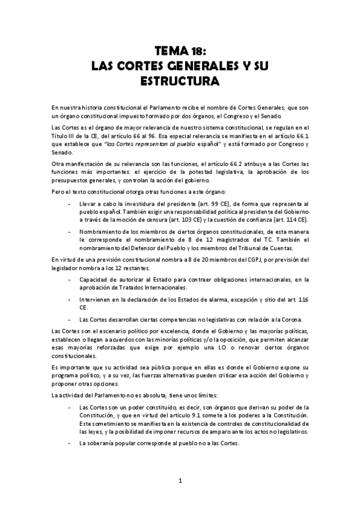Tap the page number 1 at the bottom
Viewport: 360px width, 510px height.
(x=180, y=481)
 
